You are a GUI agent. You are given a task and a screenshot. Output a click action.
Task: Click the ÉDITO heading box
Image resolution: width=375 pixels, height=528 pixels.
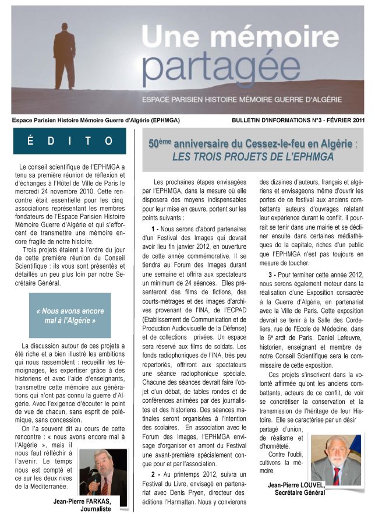(x=69, y=141)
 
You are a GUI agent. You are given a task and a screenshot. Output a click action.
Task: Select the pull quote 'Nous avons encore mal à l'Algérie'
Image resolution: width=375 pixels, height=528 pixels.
(x=69, y=315)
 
